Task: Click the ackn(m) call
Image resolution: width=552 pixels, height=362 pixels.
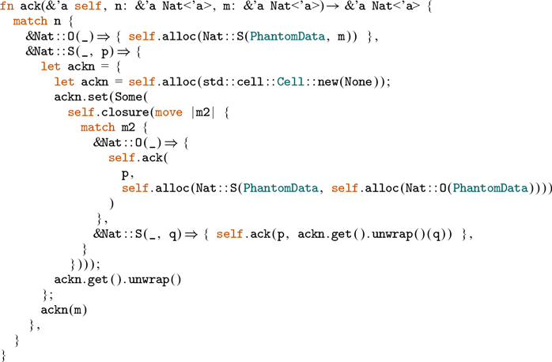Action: coord(63,309)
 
